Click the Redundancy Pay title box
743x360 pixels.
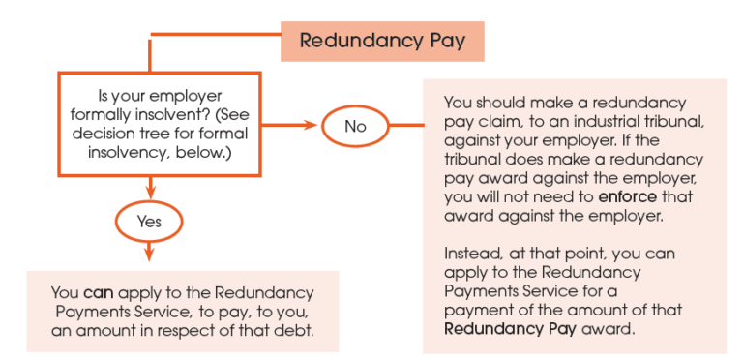coord(382,41)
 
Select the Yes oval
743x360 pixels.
coord(148,220)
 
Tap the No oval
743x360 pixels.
coord(356,126)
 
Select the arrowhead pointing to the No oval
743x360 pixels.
coord(312,126)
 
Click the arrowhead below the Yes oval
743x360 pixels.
coord(148,255)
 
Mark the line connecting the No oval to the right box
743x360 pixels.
coord(404,126)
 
